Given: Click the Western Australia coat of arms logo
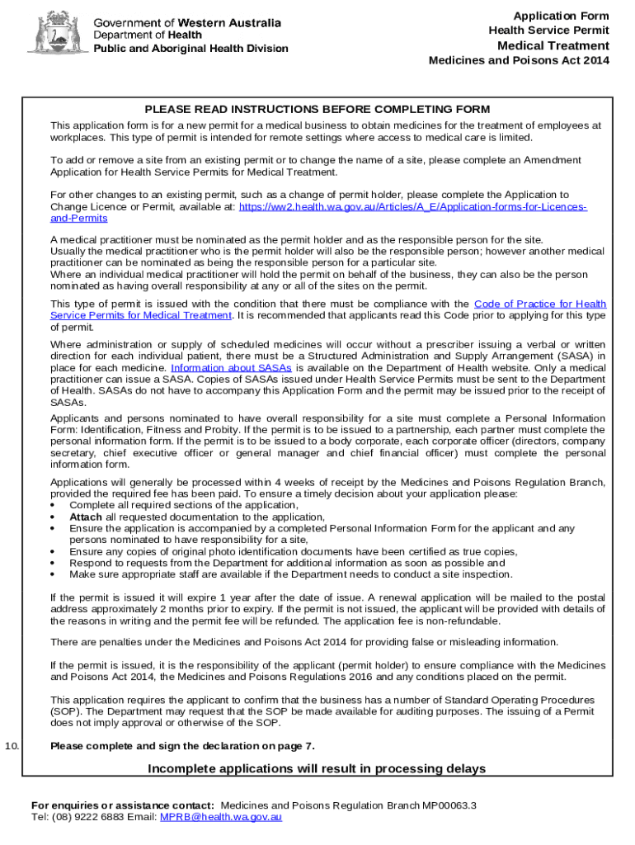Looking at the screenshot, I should coord(55,32).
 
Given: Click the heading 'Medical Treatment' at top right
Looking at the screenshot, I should coord(553,45).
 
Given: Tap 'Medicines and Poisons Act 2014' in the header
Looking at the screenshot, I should coord(519,61).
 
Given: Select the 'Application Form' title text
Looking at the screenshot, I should coord(561,17).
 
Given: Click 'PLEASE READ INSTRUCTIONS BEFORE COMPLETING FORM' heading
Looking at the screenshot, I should coord(317,109).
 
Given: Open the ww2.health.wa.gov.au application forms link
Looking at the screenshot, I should coord(412,207).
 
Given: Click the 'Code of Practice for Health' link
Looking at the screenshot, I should coord(540,304).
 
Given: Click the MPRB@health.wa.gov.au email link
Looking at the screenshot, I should coord(221,816).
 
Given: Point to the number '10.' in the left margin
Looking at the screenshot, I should coord(12,746).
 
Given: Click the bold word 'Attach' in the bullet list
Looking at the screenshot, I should coord(87,517).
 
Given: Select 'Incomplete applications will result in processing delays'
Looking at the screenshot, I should coord(317,768).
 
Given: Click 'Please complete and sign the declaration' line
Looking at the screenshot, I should coord(182,746).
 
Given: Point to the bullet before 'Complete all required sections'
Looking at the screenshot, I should coord(54,505).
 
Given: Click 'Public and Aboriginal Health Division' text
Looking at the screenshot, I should coord(190,48).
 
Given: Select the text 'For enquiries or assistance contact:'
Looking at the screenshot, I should coord(123,805).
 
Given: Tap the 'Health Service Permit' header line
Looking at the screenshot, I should coord(548,31).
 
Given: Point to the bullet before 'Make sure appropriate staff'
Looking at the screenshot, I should coord(54,574).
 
